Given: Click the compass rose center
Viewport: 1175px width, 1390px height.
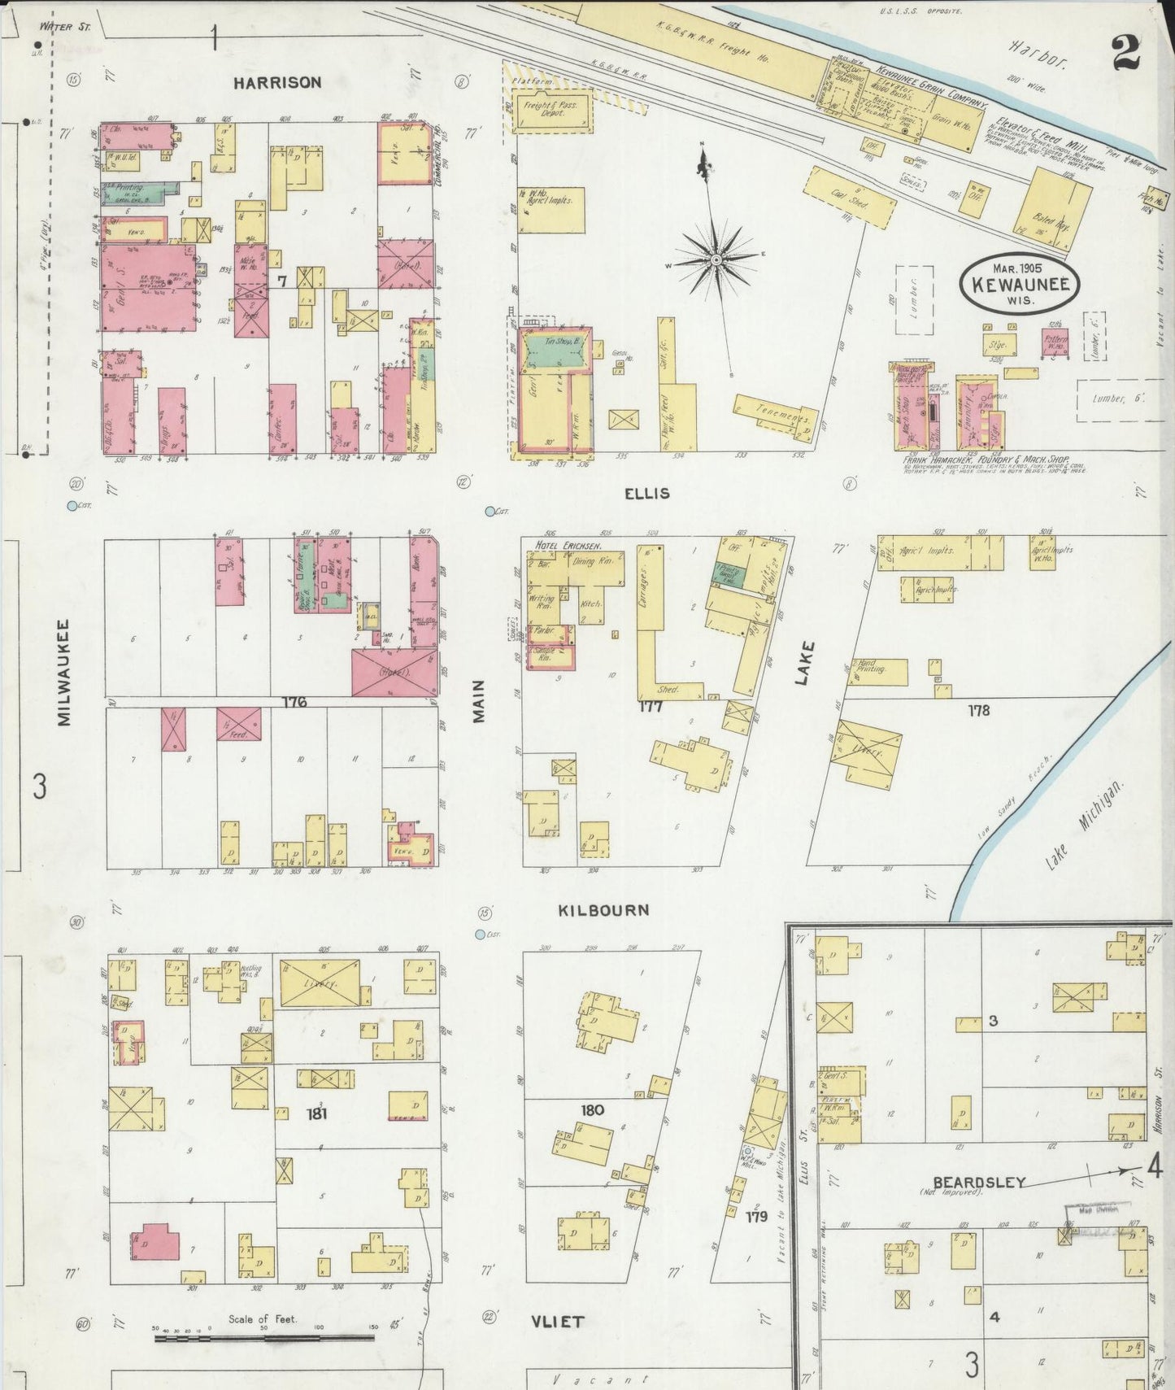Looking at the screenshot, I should tap(716, 260).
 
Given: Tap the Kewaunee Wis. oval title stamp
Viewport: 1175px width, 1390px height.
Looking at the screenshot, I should tap(1019, 283).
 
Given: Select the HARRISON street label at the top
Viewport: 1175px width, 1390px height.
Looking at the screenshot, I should tap(277, 82).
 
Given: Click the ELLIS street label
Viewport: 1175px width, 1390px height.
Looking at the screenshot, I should tap(646, 494).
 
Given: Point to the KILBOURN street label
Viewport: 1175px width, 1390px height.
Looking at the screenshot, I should tap(603, 910).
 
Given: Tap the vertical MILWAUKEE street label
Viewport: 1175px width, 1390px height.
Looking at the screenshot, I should tap(64, 673).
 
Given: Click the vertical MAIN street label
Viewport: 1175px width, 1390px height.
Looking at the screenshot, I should tap(479, 701).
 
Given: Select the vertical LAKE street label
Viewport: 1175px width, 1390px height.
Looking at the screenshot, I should tap(804, 663).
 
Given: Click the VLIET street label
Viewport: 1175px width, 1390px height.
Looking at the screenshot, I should tap(557, 1322).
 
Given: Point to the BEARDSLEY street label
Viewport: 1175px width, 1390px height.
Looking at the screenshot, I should tap(978, 1182).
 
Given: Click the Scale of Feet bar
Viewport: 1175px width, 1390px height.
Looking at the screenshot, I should tap(263, 1336).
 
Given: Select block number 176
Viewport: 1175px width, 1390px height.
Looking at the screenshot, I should tap(294, 701).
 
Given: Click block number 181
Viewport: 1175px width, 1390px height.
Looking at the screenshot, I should tap(316, 1113).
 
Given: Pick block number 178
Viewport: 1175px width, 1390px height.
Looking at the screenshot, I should tap(978, 710).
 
